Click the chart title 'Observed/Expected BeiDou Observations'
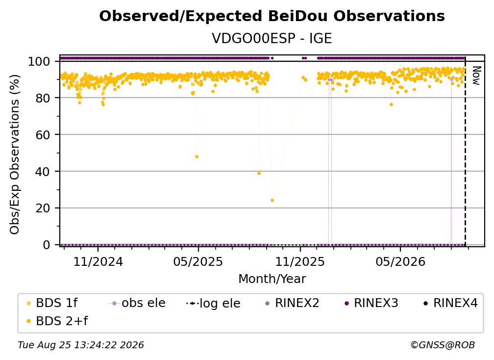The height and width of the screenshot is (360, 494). (272, 16)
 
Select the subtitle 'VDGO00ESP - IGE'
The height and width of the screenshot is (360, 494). (272, 38)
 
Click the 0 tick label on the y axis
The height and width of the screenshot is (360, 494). (47, 245)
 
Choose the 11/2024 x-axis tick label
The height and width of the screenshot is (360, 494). (98, 261)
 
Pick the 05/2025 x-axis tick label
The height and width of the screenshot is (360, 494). (198, 261)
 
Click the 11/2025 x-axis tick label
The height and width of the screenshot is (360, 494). (300, 261)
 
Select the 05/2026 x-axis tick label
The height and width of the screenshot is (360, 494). (400, 261)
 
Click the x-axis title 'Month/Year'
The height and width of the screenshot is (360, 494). (272, 279)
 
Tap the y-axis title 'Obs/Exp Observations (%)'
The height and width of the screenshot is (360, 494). (15, 154)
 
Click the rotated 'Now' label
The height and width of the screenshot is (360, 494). (476, 76)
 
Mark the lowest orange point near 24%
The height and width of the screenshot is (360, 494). (272, 201)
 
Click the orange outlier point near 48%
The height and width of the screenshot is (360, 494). (197, 156)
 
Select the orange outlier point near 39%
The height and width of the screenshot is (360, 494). (259, 174)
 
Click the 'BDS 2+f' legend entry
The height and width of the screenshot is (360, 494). (57, 321)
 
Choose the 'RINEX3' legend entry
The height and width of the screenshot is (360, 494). (371, 303)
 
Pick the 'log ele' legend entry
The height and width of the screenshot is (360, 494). (213, 304)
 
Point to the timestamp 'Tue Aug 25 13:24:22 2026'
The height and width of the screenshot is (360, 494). (81, 345)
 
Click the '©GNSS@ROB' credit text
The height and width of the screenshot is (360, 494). (443, 345)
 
